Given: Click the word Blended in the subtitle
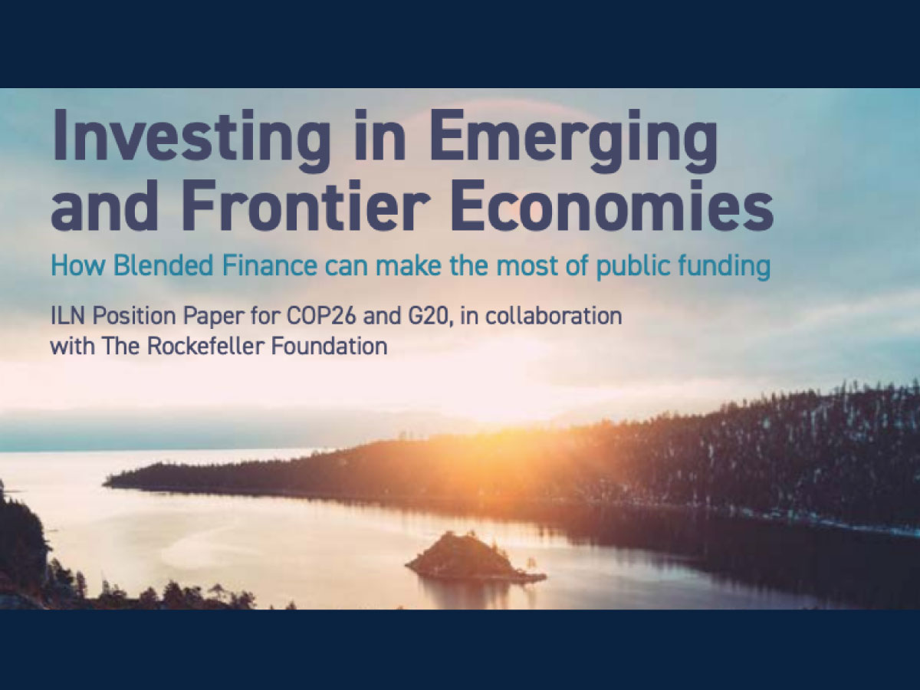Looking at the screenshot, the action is tap(163, 265).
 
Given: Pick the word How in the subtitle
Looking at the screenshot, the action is tap(77, 265).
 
